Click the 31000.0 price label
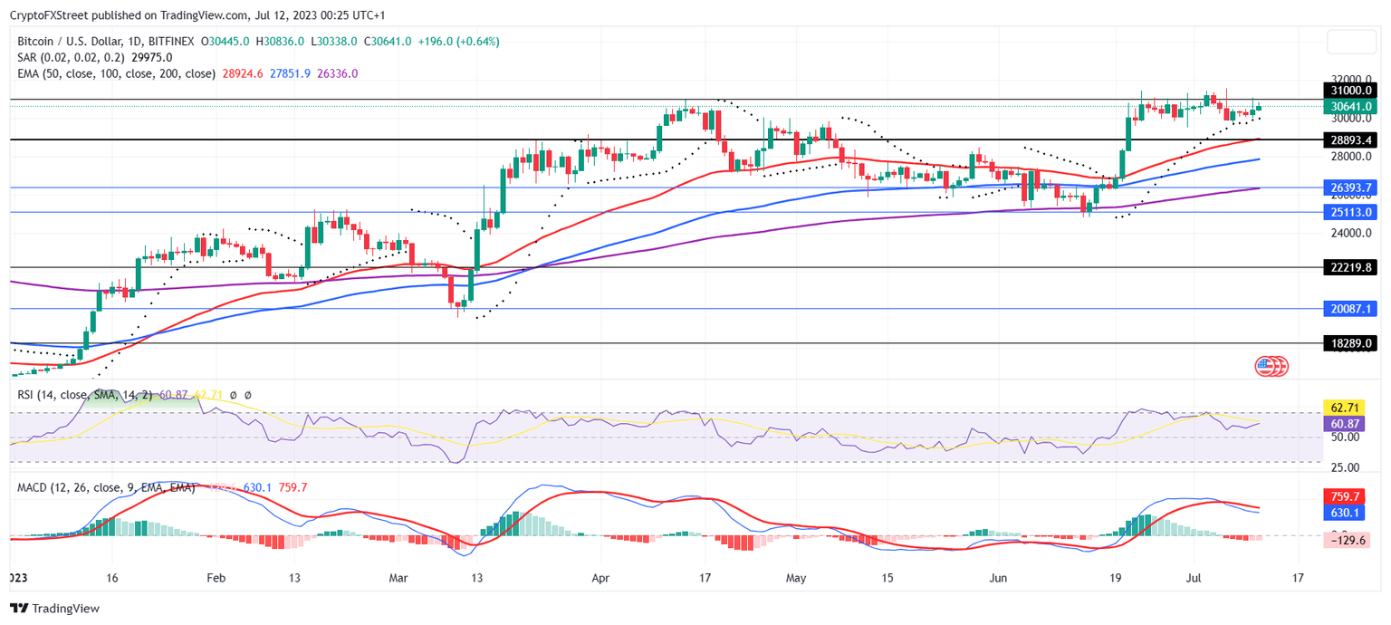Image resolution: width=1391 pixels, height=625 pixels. click(x=1351, y=91)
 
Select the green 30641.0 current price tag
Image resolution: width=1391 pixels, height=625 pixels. click(x=1351, y=107)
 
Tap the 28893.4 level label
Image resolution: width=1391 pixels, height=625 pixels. click(x=1351, y=140)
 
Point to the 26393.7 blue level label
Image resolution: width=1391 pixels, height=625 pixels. click(x=1351, y=188)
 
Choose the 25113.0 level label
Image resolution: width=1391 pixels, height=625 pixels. click(x=1351, y=213)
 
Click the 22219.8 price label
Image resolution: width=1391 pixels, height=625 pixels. click(x=1351, y=268)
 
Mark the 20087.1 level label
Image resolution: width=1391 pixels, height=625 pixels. click(x=1351, y=309)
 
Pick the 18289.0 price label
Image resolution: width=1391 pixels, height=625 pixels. click(x=1351, y=344)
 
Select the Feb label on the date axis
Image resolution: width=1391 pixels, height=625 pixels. click(x=215, y=577)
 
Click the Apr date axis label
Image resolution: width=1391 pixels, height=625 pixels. click(x=599, y=577)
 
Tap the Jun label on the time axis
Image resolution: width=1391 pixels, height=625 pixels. click(x=999, y=577)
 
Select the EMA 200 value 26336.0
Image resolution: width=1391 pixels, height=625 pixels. click(x=337, y=73)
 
